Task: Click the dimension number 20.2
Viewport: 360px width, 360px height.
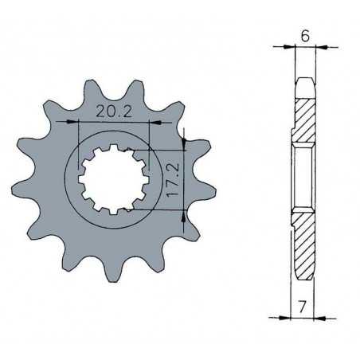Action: point(114,112)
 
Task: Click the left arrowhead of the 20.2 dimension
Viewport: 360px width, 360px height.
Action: point(84,123)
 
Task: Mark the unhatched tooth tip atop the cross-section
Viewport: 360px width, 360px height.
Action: point(304,83)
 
